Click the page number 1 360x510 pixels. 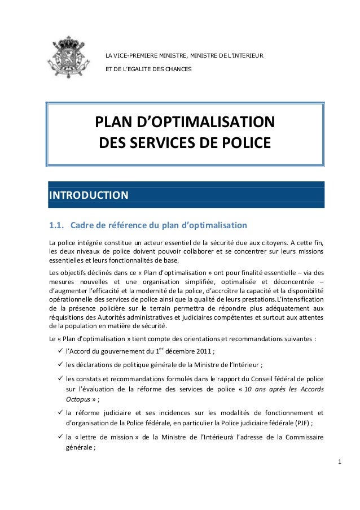[x=339, y=463]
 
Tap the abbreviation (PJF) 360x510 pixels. [x=300, y=422]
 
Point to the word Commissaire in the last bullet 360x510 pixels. [x=305, y=437]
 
